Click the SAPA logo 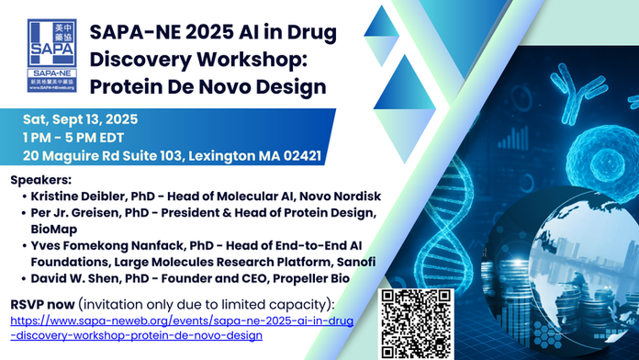pos(51,55)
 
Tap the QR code pos(416,324)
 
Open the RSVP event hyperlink pos(182,328)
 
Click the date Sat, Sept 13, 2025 pos(80,119)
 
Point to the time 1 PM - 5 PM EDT pos(73,138)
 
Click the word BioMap pos(54,229)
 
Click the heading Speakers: pos(40,180)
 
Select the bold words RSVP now pos(42,305)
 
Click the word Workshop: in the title pos(252,60)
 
